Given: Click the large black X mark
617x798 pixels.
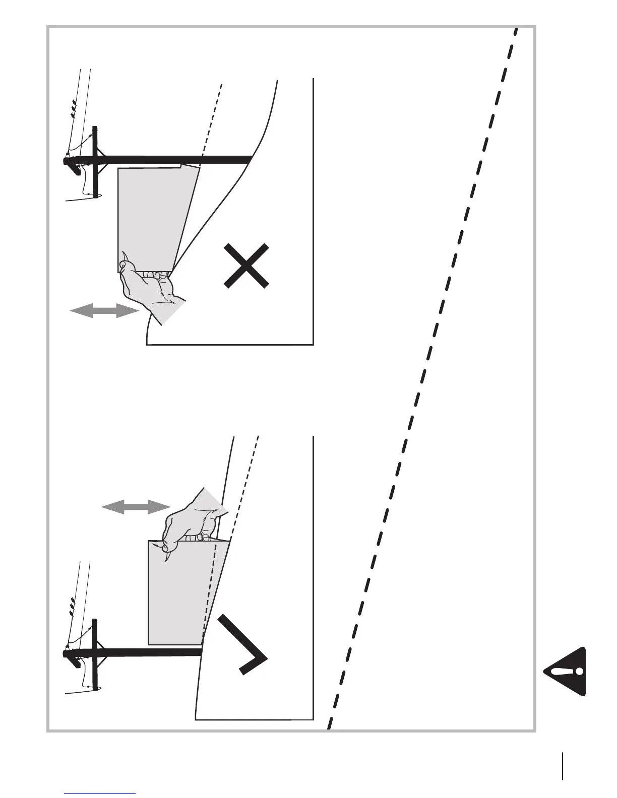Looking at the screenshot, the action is point(246,265).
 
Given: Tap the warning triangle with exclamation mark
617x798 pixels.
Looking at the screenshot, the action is point(566,671).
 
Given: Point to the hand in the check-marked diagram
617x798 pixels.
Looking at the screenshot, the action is point(194,521).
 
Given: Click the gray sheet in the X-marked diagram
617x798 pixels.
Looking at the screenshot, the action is point(151,217).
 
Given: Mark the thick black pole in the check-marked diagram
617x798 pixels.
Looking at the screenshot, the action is point(146,653).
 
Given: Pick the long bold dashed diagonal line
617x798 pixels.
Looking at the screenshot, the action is point(423,378).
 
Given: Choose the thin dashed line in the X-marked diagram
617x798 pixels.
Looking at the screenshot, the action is point(211,121).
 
